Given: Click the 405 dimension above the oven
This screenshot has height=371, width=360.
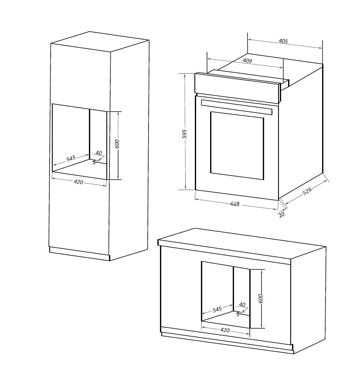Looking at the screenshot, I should point(283,41).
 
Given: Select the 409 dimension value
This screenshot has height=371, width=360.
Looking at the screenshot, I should point(247,61).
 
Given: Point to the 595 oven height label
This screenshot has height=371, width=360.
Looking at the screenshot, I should point(184,133).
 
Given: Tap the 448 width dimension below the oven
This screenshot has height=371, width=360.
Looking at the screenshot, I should point(235,204).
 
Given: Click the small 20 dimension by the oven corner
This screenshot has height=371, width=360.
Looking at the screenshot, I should point(282,214).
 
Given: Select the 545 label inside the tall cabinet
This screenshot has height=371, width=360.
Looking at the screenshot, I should point(71,158).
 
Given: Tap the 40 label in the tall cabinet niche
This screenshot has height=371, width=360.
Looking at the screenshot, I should point(98,153).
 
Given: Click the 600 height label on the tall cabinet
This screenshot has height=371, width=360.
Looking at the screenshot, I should point(117,144).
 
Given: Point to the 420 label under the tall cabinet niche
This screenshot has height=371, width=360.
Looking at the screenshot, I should point(78,182).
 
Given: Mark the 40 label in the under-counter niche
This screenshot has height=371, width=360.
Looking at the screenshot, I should point(242,305).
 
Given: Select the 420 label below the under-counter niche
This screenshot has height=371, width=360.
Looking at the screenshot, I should point(225,330).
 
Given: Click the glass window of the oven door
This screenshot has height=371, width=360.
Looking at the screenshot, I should point(237,145).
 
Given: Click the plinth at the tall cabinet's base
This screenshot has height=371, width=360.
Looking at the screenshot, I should point(78,254).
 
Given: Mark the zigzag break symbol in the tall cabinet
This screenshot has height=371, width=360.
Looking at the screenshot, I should point(95,162).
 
